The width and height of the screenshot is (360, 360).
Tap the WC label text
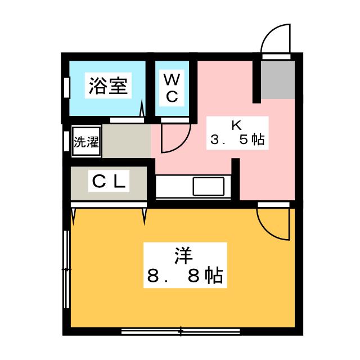(x=172, y=88)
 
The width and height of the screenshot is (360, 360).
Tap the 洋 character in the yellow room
(x=181, y=255)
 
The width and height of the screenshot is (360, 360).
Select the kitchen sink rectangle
(x=209, y=186)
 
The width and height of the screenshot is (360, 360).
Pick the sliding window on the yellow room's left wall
(x=66, y=271)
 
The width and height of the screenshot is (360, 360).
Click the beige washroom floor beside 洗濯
(x=125, y=141)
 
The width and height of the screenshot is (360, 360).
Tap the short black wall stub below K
(x=236, y=179)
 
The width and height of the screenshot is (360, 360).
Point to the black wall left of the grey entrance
(x=256, y=81)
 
